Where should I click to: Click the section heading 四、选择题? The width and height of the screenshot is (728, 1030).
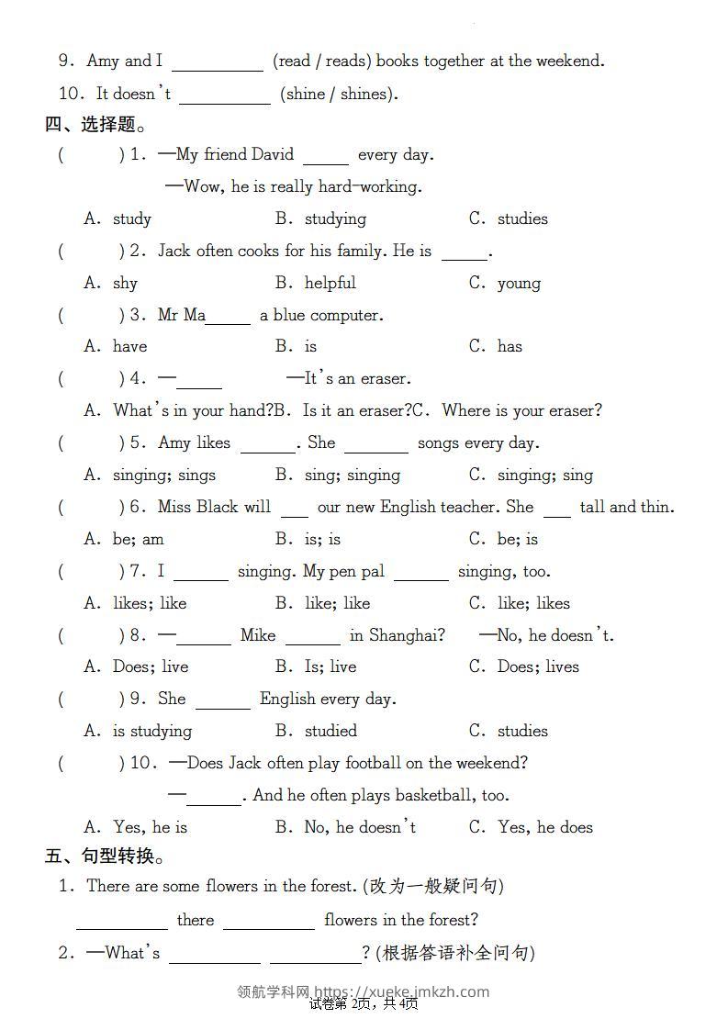click(x=95, y=124)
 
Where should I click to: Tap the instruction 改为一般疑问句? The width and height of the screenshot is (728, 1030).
click(x=433, y=886)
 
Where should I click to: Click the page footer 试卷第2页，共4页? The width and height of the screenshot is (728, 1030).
click(x=364, y=1003)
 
